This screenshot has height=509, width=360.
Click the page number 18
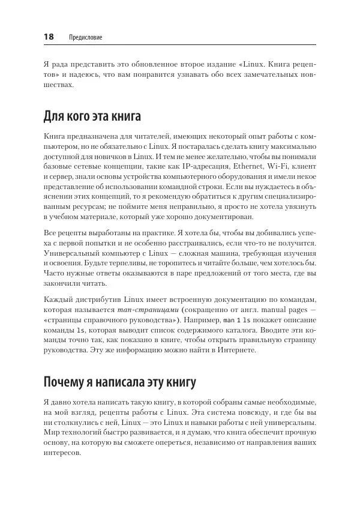coord(49,37)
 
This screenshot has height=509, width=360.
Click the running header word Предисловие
coord(86,37)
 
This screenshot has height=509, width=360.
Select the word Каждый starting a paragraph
coord(59,300)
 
